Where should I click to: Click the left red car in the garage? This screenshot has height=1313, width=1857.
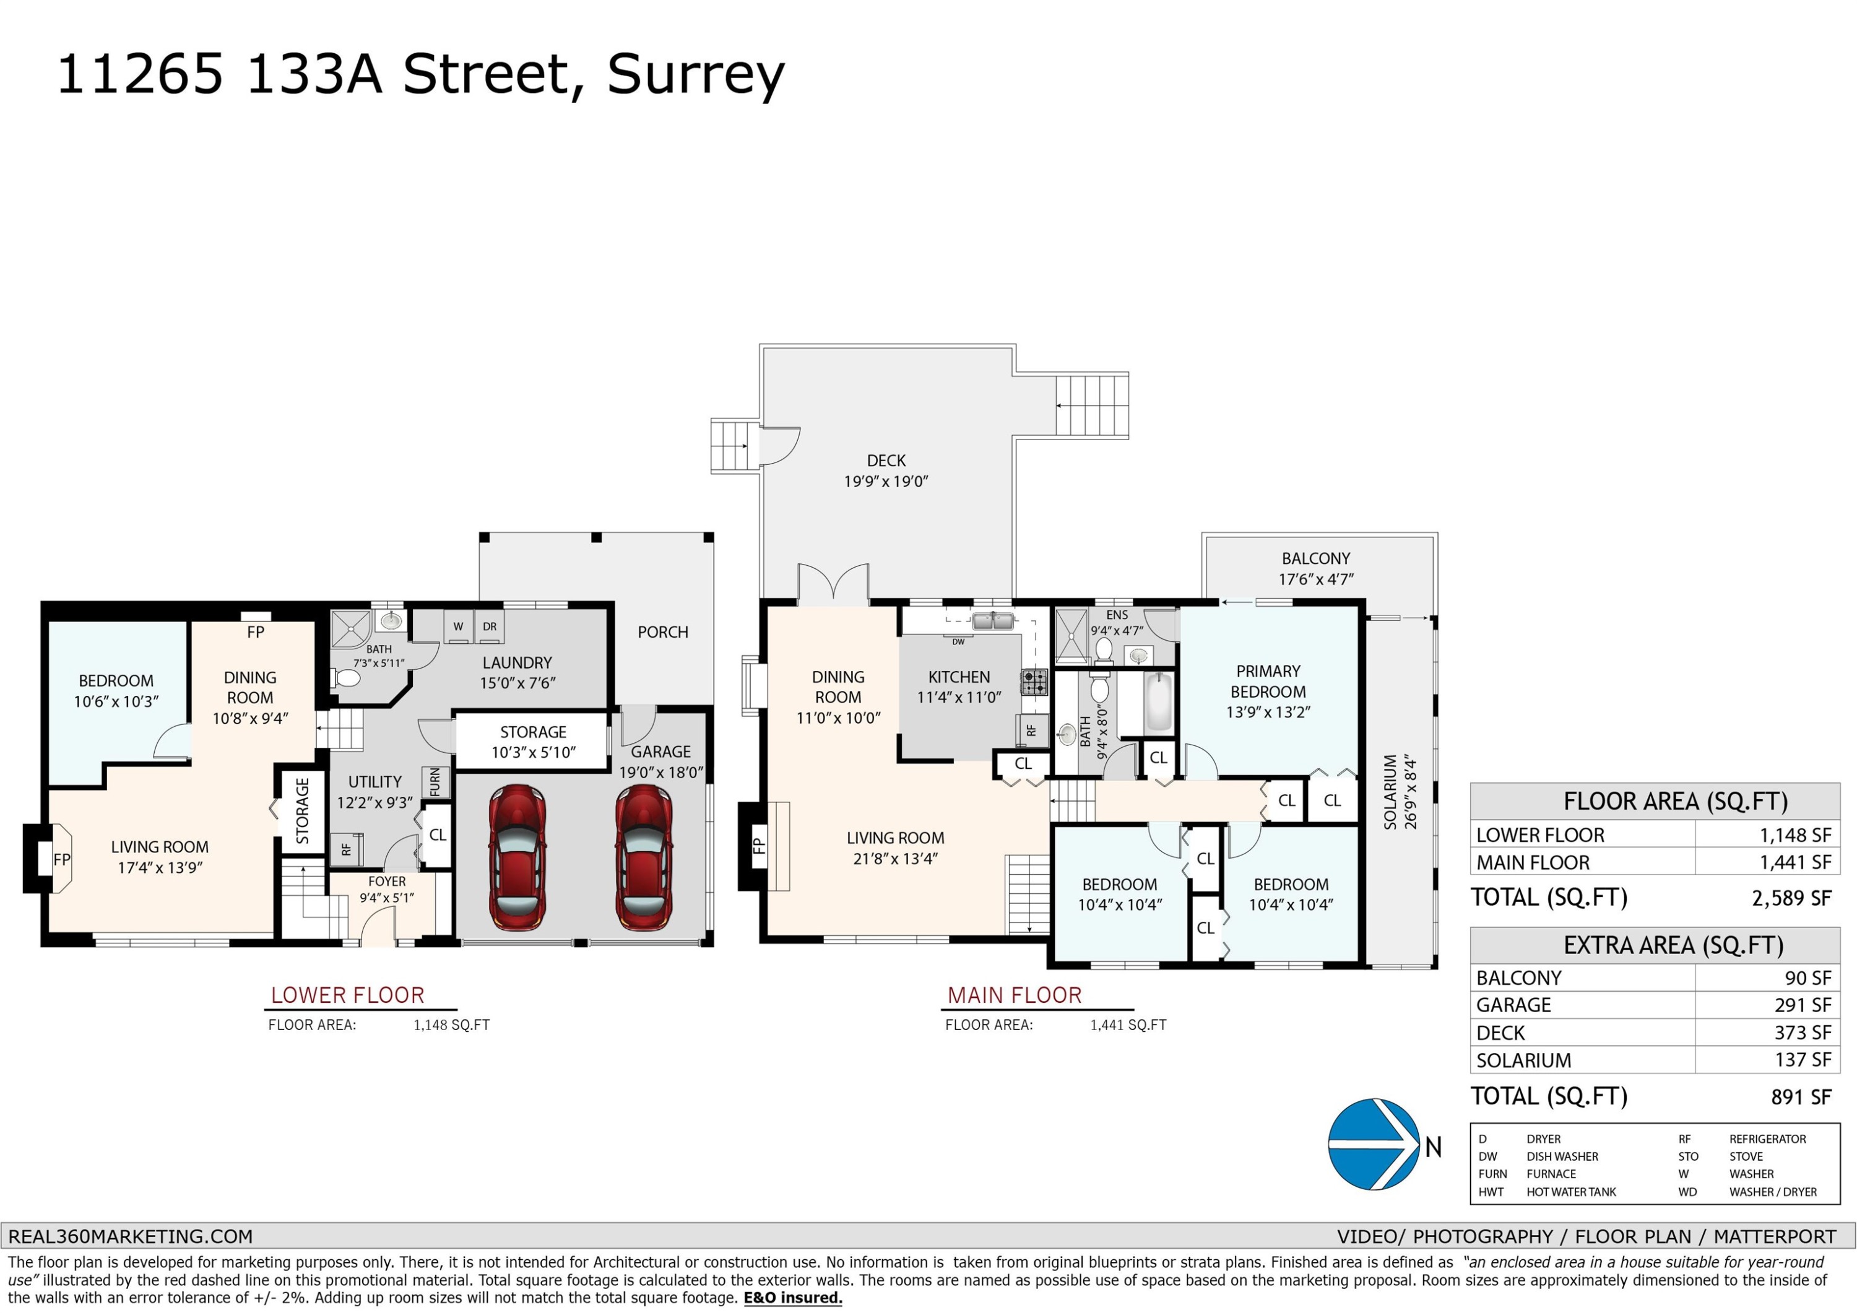(517, 857)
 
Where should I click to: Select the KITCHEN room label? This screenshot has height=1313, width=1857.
(958, 677)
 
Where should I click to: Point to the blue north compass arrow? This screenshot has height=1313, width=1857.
(1374, 1145)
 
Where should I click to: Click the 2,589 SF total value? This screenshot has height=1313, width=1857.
(1791, 898)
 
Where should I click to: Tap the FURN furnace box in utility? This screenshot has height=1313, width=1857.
(435, 782)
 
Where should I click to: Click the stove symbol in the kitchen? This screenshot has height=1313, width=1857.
(1034, 682)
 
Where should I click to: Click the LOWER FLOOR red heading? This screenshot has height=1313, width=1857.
(347, 995)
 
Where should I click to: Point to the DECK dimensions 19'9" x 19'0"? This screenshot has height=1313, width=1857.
(886, 482)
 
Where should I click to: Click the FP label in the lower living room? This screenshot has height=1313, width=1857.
(61, 860)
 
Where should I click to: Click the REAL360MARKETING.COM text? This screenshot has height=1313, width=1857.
(130, 1236)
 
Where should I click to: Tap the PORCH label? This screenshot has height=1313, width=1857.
(662, 632)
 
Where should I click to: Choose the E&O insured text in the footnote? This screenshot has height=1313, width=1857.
(792, 1298)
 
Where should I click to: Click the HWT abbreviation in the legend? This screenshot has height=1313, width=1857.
(1491, 1192)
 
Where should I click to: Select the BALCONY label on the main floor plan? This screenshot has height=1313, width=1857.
(1315, 558)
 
